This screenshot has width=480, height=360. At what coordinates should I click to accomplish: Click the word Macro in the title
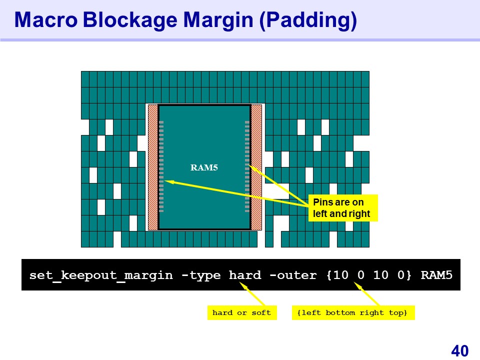(44, 20)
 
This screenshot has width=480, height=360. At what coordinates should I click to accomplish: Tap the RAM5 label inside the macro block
(204, 167)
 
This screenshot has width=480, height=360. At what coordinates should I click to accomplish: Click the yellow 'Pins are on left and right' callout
(342, 208)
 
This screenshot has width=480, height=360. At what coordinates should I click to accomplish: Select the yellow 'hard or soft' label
(241, 313)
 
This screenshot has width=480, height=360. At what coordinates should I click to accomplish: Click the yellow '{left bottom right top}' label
(353, 313)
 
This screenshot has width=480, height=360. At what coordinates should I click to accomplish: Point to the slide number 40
(459, 351)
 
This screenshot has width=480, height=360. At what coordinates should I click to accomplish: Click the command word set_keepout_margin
(101, 275)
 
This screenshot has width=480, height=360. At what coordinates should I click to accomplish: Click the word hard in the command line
(245, 275)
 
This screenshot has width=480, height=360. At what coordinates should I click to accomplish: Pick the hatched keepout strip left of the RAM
(153, 167)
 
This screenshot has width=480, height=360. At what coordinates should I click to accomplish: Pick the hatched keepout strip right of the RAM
(256, 167)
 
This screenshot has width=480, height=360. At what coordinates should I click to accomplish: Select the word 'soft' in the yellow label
(261, 313)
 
